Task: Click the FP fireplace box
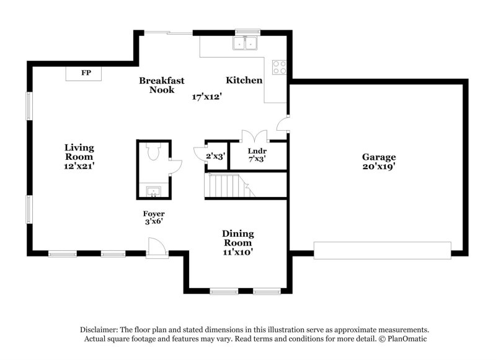(x=86, y=73)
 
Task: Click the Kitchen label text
(x=244, y=81)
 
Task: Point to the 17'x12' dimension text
(x=207, y=97)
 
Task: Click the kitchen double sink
(x=246, y=43)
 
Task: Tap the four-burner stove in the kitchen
(x=279, y=67)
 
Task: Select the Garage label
(x=379, y=157)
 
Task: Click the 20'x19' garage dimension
(x=379, y=166)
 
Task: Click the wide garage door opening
(x=383, y=250)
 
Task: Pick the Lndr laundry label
(x=257, y=151)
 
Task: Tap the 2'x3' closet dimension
(x=215, y=156)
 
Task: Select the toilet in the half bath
(x=153, y=152)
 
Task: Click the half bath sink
(x=153, y=191)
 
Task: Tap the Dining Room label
(x=238, y=238)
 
